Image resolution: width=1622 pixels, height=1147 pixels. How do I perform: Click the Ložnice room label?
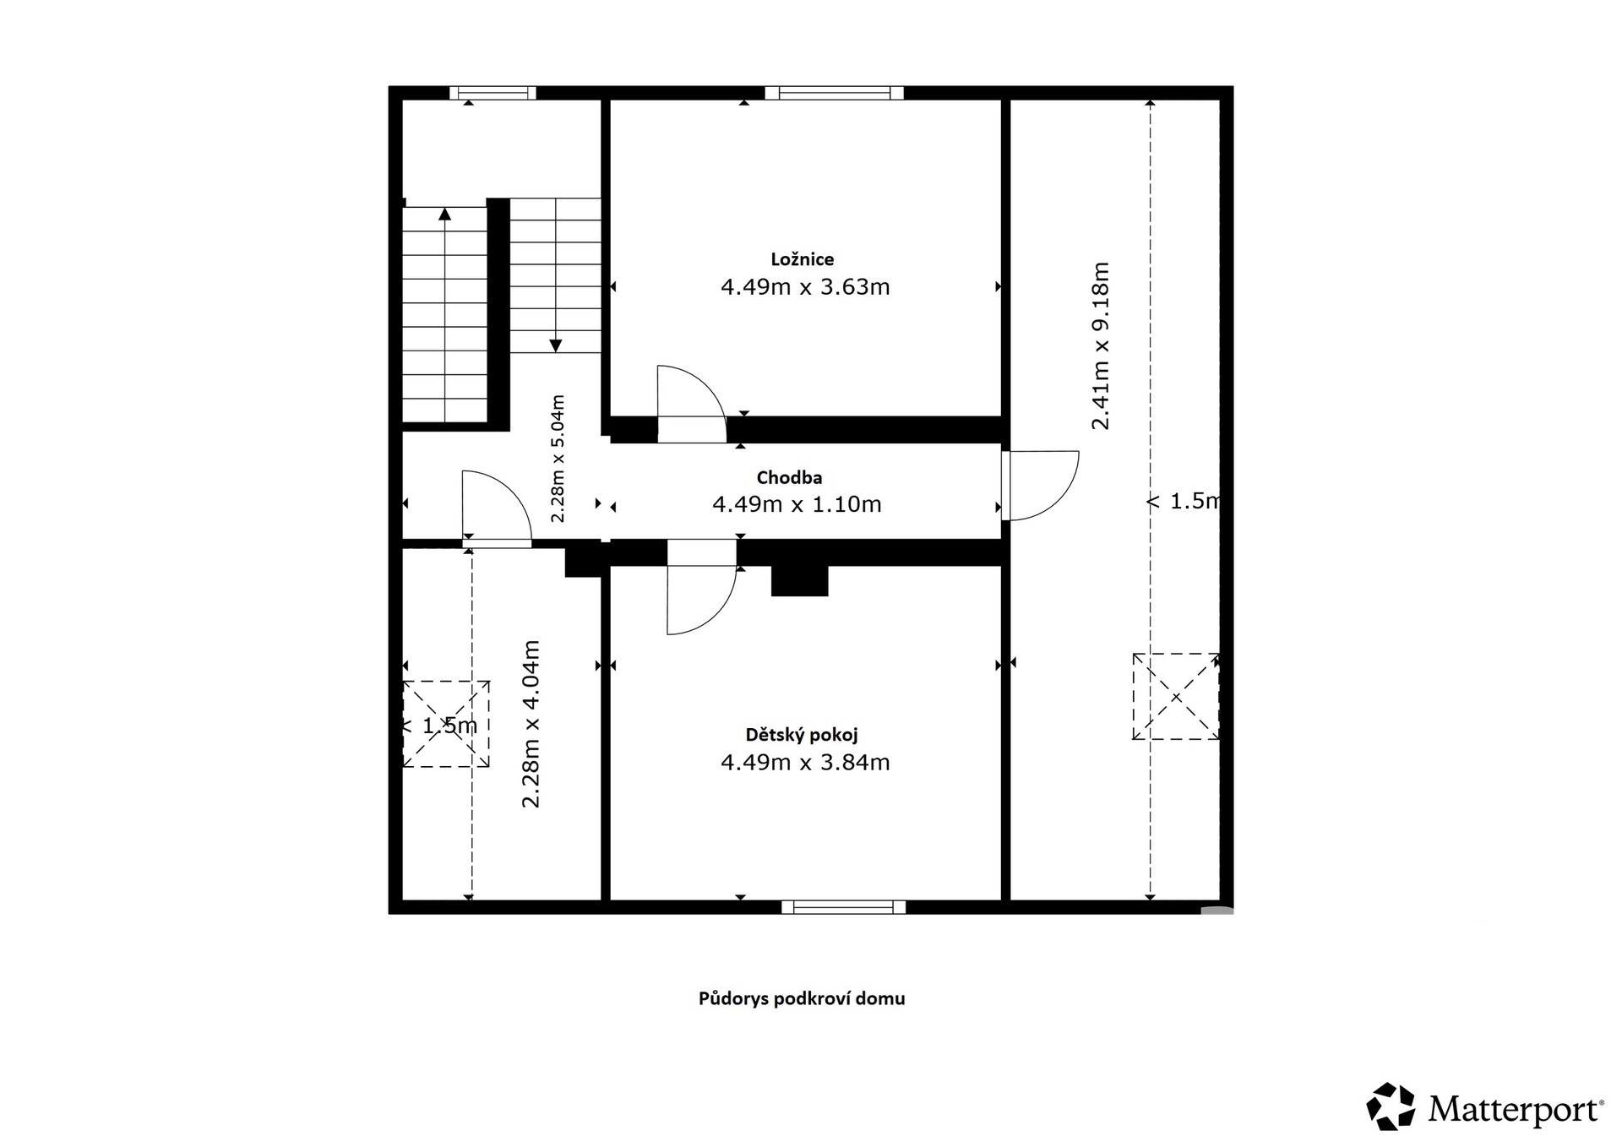(802, 259)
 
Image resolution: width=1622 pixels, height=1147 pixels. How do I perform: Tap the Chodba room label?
(789, 478)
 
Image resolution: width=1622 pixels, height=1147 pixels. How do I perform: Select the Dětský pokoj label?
(802, 735)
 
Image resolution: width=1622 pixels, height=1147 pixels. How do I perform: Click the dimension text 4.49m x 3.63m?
(805, 287)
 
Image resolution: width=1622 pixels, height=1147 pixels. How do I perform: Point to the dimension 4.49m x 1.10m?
(797, 504)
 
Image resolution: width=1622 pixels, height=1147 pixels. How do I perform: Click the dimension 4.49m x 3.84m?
(805, 763)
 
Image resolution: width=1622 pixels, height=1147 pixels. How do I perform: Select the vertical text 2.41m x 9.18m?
(1100, 346)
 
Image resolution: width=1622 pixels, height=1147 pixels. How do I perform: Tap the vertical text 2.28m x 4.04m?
(531, 724)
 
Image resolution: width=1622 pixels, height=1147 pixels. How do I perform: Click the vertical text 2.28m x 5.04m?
(558, 459)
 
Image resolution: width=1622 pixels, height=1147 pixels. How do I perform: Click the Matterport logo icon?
(1391, 1106)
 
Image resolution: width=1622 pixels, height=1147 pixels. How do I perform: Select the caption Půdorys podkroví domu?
(802, 998)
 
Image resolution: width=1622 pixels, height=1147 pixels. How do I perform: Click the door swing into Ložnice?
(691, 404)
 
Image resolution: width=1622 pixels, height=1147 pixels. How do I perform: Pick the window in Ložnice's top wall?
(834, 93)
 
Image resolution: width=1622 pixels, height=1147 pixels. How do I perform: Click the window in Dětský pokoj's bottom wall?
(843, 907)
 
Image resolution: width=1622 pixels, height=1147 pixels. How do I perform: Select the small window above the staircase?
(493, 93)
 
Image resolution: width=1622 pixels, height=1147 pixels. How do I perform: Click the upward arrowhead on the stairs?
(445, 213)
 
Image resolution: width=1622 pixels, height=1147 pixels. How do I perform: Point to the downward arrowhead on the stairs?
(555, 345)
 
